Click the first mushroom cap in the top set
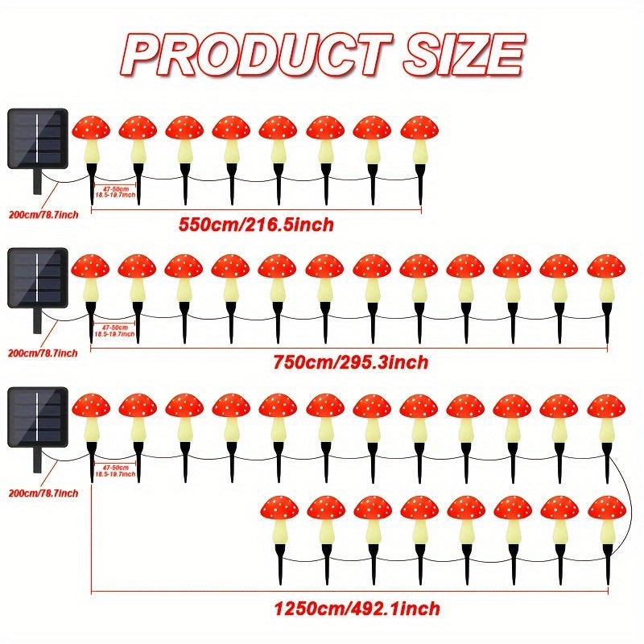(90, 127)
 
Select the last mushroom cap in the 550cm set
(419, 127)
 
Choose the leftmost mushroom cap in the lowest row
(279, 508)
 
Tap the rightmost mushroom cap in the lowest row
(606, 508)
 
